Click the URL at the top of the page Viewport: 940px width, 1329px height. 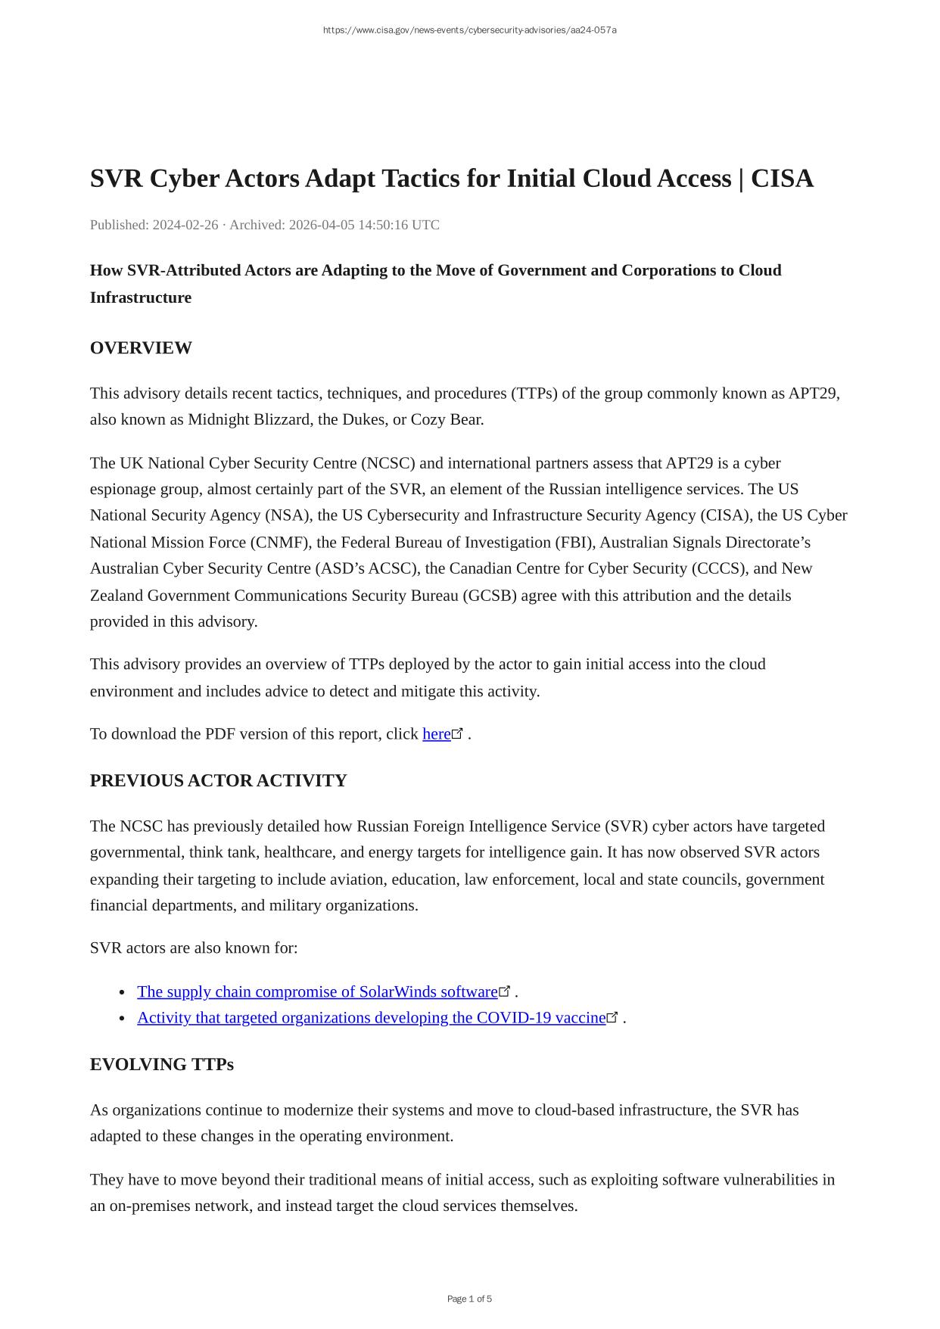pyautogui.click(x=469, y=30)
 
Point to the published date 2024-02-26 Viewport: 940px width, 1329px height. pyautogui.click(x=185, y=225)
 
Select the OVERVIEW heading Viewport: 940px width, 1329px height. pyautogui.click(x=141, y=348)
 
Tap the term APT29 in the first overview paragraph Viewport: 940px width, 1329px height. pyautogui.click(x=813, y=394)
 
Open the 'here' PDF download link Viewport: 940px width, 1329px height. pyautogui.click(x=437, y=734)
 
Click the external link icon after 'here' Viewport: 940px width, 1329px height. pyautogui.click(x=458, y=733)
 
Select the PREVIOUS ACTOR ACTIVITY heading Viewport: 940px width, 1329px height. pyautogui.click(x=218, y=781)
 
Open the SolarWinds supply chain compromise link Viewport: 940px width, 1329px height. pyautogui.click(x=317, y=991)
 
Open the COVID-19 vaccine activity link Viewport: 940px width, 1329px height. pyautogui.click(x=371, y=1018)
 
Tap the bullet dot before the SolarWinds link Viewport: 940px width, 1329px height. pyautogui.click(x=123, y=992)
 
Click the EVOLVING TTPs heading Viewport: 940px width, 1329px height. pyautogui.click(x=161, y=1065)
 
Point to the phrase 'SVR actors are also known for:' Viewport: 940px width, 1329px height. pyautogui.click(x=194, y=948)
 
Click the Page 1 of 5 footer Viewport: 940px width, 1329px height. pyautogui.click(x=469, y=1299)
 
